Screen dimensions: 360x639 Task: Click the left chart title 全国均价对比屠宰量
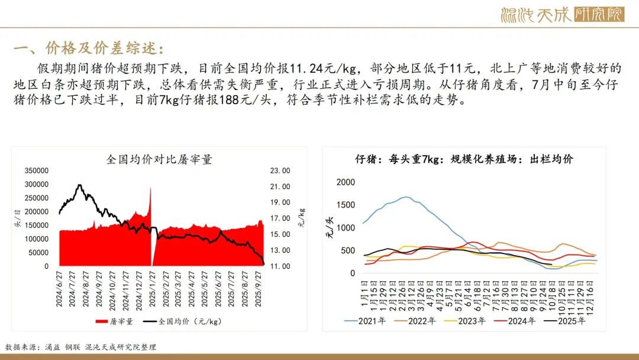[x=159, y=159]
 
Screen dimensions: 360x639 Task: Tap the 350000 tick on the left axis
[x=37, y=171]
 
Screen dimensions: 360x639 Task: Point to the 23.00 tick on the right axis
[x=280, y=171]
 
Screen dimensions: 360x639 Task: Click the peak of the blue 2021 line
[x=406, y=197]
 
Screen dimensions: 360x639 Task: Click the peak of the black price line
[x=79, y=185]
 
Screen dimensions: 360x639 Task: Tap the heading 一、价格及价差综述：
[x=89, y=48]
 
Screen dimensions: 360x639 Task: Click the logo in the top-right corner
[x=561, y=14]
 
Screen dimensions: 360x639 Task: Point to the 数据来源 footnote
[x=80, y=347]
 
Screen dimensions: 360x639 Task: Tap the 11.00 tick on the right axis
[x=280, y=266]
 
